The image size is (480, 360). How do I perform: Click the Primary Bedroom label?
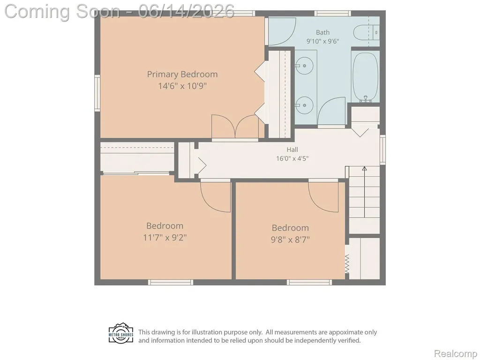tap(182, 75)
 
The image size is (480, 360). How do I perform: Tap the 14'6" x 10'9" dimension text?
tap(182, 86)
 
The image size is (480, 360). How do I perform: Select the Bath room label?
tap(322, 32)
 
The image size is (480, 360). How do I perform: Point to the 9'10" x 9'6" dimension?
tap(322, 41)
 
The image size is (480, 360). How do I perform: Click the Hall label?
tap(292, 150)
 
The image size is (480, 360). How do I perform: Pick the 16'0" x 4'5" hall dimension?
tap(292, 158)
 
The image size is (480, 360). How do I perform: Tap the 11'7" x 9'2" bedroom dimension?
tap(165, 238)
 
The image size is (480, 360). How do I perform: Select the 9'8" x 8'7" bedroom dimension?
tap(290, 240)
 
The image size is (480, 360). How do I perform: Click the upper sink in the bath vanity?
tap(305, 66)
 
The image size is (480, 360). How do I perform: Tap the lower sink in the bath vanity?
tap(305, 105)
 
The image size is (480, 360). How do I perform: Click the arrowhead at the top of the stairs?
tap(364, 168)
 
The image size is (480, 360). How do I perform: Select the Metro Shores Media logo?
tap(121, 333)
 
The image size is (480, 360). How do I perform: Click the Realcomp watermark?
tap(455, 353)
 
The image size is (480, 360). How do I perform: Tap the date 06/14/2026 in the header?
tap(186, 11)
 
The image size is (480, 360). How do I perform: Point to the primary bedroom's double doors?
tap(235, 127)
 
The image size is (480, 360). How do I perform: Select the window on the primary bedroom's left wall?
tap(97, 93)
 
